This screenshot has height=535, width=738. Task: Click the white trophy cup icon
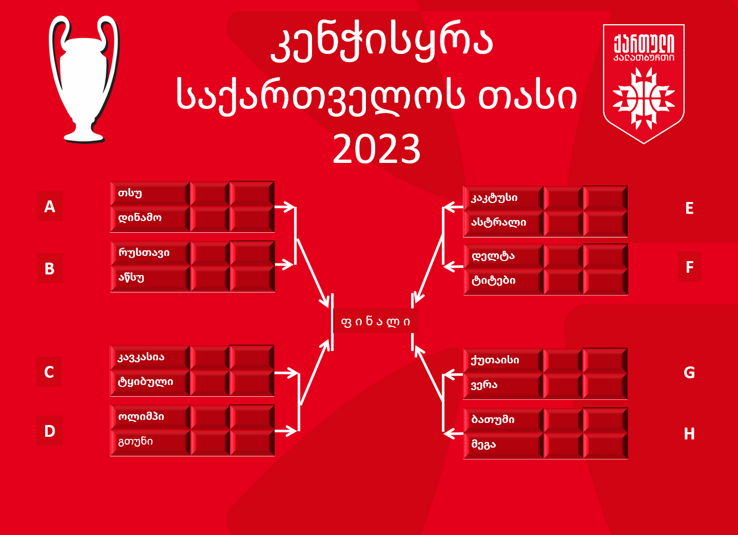coord(84,79)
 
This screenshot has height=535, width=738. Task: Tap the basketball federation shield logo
coord(644,84)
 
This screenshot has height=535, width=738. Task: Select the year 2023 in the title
coord(377,149)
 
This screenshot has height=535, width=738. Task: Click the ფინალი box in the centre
coord(375,321)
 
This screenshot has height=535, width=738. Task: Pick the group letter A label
coord(50,207)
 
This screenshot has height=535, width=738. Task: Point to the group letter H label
coord(689,434)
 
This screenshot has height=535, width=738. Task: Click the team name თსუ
coord(130,193)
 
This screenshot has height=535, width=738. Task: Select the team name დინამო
coord(140,218)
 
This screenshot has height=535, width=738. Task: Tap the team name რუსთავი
coord(144,253)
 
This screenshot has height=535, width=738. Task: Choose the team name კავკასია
coord(141,357)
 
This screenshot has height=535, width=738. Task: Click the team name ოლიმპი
coord(141,417)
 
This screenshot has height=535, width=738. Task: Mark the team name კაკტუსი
coord(494,198)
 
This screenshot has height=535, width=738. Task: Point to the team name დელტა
coord(493,256)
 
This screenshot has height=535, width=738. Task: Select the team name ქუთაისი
coord(495,360)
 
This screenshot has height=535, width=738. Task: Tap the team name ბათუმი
coord(493,419)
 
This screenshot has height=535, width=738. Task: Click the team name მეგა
coord(483,445)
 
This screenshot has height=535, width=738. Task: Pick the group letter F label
coord(690,267)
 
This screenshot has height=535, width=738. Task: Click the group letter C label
coord(49,372)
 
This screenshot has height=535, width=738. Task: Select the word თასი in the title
coord(528,97)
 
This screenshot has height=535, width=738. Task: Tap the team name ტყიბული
coord(145,382)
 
